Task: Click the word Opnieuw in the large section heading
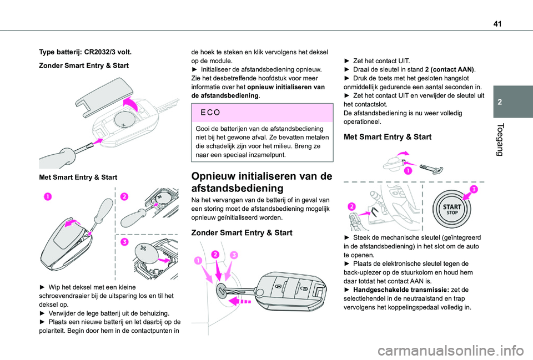tap(217, 176)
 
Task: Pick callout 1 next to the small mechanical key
tap(408, 170)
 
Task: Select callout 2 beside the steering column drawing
tap(352, 206)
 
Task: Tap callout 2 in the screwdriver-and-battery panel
tap(124, 196)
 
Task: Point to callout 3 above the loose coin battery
tap(124, 242)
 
